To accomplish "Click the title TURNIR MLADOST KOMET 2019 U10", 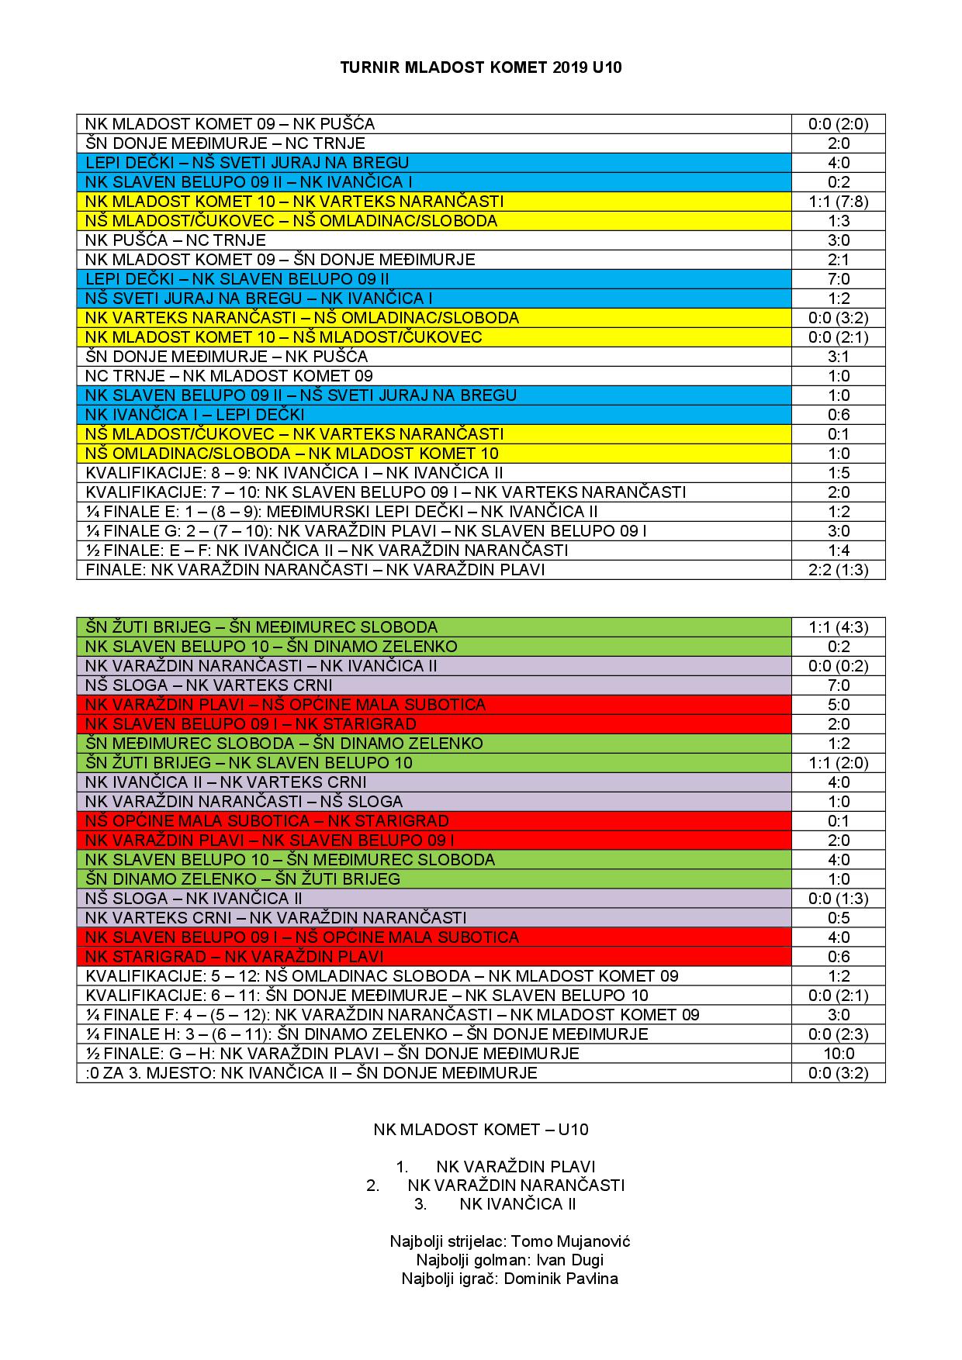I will (480, 67).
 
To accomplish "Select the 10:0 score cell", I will (838, 1054).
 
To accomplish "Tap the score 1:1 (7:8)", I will (838, 202).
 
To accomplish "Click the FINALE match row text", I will (315, 570).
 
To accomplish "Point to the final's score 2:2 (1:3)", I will (838, 570).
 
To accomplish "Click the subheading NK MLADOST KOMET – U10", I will (480, 1130).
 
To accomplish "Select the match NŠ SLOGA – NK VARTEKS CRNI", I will (209, 685).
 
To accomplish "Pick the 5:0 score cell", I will (838, 705).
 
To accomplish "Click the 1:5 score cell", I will (838, 473).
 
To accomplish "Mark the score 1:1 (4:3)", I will (838, 627).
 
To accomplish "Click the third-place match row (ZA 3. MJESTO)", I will (311, 1073).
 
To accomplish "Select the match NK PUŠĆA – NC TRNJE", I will (175, 240).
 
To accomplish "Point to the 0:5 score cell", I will (838, 918).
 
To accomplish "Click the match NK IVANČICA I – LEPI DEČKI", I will (195, 415).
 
